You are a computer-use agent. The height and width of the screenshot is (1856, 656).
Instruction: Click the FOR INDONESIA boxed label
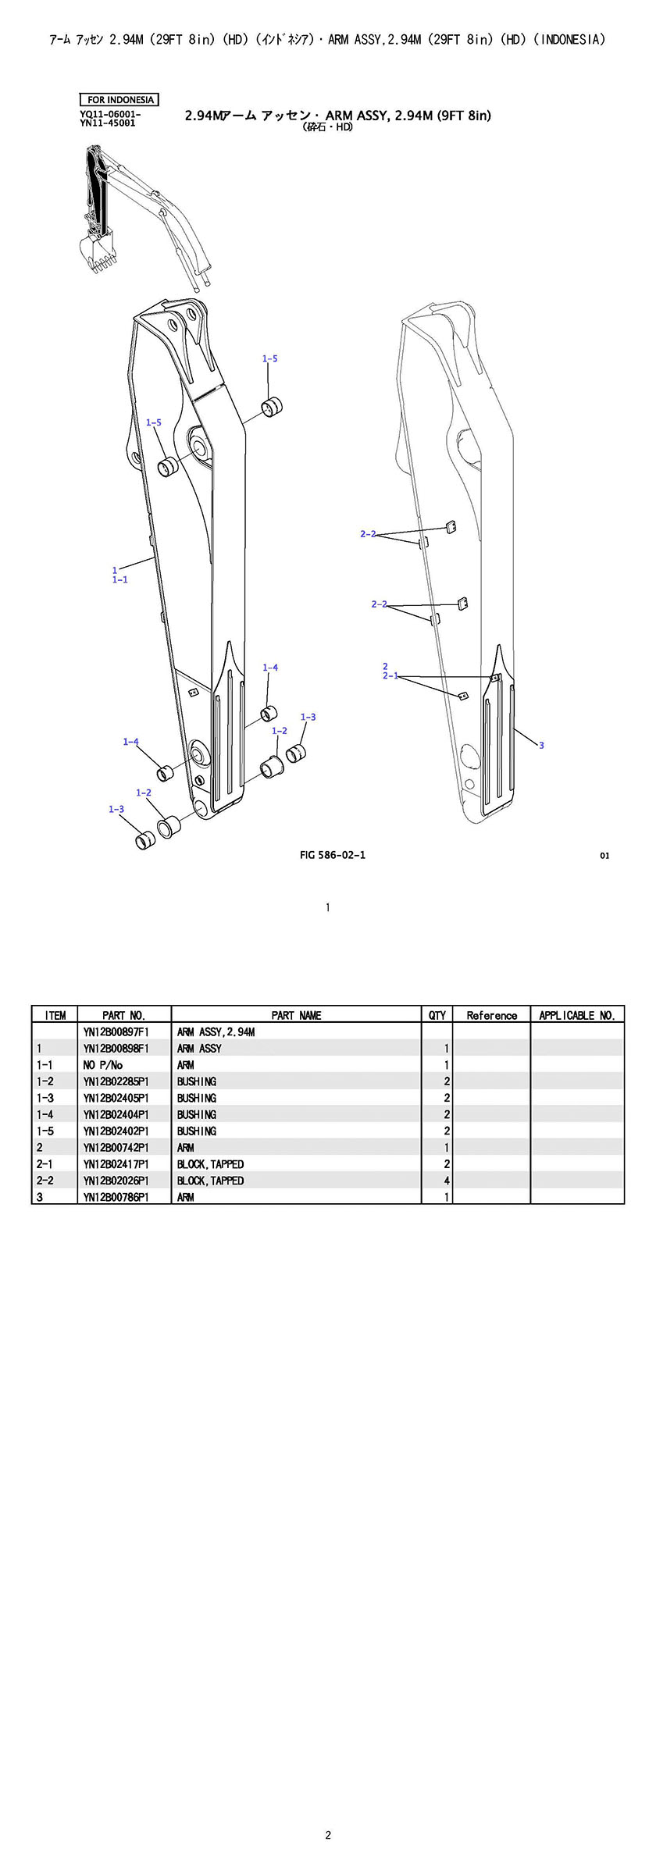(119, 100)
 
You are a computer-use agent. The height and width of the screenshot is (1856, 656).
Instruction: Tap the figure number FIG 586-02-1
(332, 854)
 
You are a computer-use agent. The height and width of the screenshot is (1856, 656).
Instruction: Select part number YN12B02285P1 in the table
(116, 1081)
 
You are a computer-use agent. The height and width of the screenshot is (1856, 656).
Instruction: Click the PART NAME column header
(296, 1015)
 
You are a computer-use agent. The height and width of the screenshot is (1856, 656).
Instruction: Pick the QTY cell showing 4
(447, 1181)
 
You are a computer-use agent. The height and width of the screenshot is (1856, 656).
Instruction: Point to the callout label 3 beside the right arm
(541, 745)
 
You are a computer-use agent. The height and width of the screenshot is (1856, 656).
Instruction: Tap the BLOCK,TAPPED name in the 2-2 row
(210, 1181)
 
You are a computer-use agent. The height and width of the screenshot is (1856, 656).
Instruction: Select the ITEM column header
(55, 1015)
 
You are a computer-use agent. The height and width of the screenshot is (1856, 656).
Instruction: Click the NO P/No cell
(103, 1065)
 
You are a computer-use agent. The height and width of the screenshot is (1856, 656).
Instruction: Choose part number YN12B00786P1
(116, 1197)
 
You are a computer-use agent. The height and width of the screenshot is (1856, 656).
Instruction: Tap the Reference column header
(491, 1015)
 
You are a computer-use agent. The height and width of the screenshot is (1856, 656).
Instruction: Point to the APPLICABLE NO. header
(577, 1015)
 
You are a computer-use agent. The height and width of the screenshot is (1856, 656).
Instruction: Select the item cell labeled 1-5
(45, 1131)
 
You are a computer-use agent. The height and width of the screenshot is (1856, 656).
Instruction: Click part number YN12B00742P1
(116, 1148)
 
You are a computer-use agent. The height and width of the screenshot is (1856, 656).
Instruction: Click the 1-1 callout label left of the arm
(119, 579)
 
